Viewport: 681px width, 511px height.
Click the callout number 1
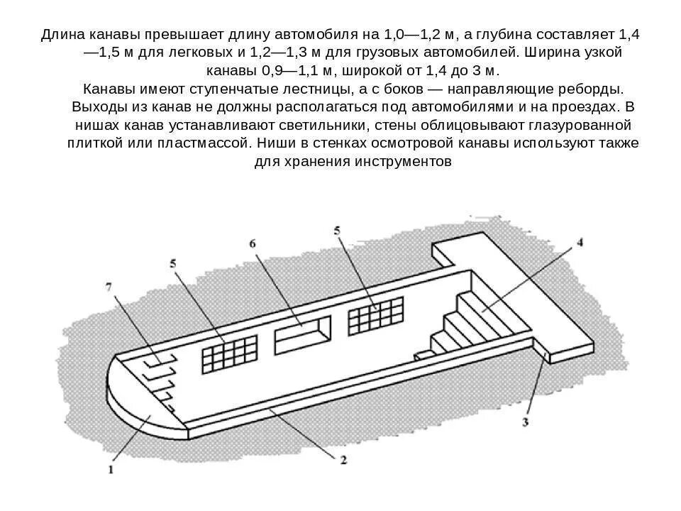tap(111, 468)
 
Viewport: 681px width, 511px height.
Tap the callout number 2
tap(343, 461)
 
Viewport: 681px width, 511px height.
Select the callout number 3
tap(526, 423)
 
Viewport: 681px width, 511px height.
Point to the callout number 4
tap(579, 243)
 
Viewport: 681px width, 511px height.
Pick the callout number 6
tap(253, 243)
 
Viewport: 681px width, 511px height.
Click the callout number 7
tap(109, 286)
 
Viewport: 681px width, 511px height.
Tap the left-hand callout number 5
tap(172, 263)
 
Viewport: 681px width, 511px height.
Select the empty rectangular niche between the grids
tap(303, 332)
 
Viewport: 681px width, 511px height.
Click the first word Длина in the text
tap(67, 35)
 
